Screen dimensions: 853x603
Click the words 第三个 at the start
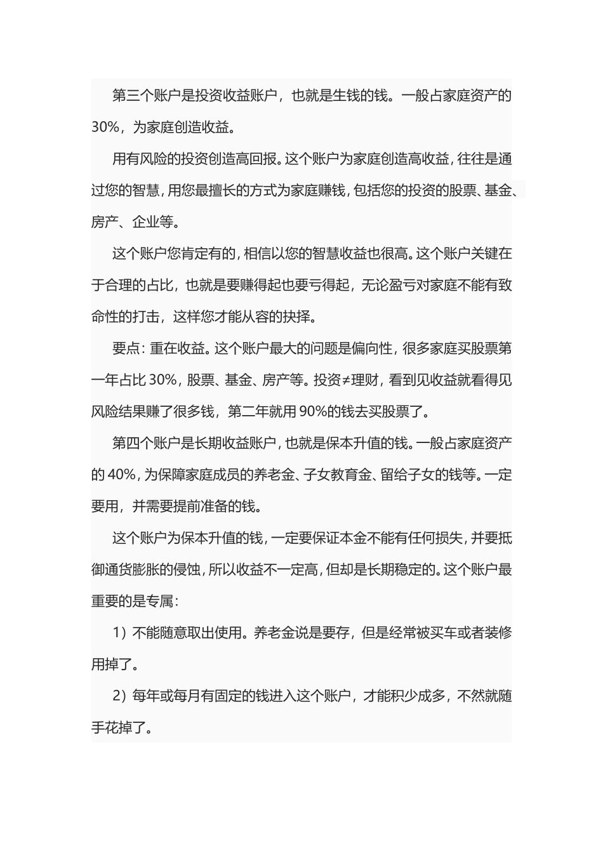133,96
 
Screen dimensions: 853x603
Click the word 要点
126,348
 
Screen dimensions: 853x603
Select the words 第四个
133,443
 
